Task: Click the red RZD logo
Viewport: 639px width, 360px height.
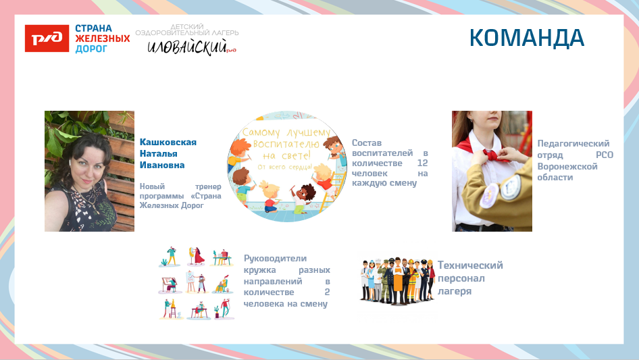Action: click(46, 38)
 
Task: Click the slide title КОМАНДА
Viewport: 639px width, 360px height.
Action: click(527, 38)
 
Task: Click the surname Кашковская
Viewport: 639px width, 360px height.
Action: click(168, 142)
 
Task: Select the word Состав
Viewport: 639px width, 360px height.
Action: click(367, 143)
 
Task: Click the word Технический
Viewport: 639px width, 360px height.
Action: click(469, 265)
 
